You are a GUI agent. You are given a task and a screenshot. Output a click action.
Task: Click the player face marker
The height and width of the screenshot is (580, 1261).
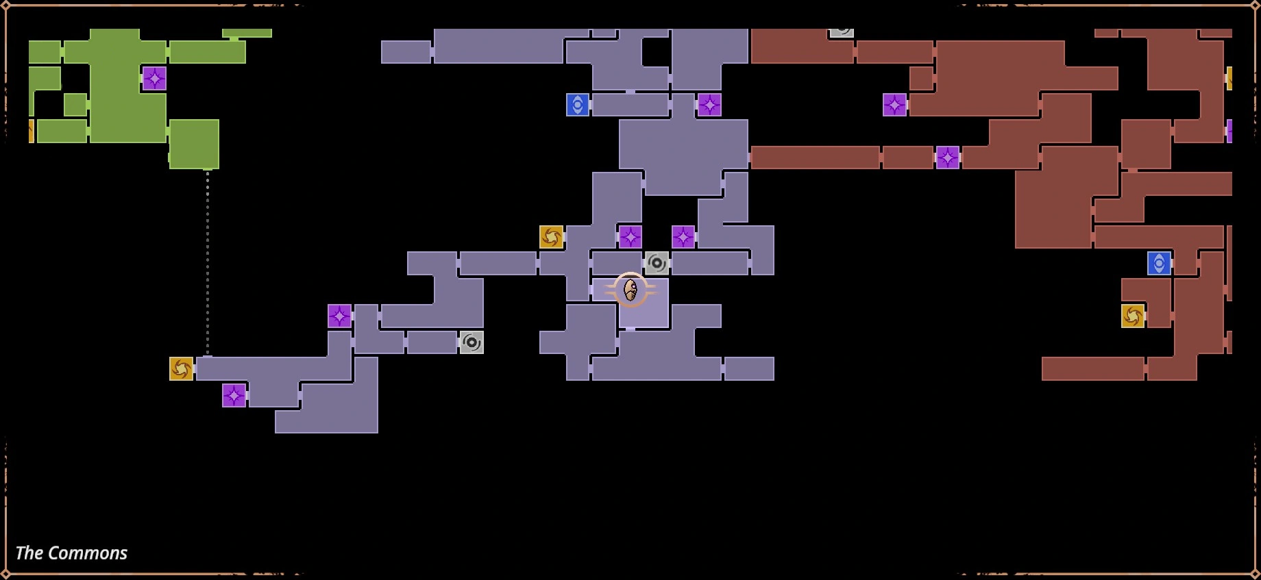(630, 290)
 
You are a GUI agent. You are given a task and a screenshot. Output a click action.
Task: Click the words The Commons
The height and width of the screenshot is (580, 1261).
(71, 553)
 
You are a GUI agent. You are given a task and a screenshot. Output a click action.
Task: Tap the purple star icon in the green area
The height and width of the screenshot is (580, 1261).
(154, 79)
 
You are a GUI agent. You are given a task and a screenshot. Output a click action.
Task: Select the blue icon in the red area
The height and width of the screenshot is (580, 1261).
(1159, 263)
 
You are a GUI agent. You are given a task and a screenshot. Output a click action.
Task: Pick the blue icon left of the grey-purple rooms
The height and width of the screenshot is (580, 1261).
(578, 105)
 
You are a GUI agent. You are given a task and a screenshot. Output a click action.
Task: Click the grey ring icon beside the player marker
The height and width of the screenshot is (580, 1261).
(657, 263)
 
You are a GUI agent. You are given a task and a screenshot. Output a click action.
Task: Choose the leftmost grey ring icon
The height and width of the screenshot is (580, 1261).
(472, 342)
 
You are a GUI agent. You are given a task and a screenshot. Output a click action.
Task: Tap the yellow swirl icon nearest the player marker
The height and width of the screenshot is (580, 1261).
(551, 237)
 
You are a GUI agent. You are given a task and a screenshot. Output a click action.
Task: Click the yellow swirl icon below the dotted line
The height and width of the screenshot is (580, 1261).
(181, 368)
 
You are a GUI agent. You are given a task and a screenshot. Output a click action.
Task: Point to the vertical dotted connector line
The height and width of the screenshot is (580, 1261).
(208, 264)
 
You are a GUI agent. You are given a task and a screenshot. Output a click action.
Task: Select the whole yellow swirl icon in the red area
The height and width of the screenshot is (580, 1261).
(1132, 316)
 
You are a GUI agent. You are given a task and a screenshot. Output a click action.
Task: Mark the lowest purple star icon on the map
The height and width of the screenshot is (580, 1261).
(234, 395)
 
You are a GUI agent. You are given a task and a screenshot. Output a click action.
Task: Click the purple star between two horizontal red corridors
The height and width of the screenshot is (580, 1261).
(947, 157)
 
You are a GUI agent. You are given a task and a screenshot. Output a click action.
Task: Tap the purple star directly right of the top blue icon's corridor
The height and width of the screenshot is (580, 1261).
(709, 105)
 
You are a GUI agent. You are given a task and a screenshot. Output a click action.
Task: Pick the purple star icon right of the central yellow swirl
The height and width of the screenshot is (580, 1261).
(630, 237)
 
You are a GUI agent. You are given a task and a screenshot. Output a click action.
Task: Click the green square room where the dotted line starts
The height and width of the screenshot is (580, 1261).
(194, 144)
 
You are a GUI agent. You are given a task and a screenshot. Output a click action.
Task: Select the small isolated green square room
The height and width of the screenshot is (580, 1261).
(75, 105)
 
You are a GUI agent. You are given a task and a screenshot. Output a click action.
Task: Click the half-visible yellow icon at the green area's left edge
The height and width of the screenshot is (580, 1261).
(31, 131)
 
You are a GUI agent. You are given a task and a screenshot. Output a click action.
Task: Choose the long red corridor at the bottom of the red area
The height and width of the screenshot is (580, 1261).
(1092, 368)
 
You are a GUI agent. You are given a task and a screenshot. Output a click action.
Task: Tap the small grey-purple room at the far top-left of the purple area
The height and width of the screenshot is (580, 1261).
(406, 52)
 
